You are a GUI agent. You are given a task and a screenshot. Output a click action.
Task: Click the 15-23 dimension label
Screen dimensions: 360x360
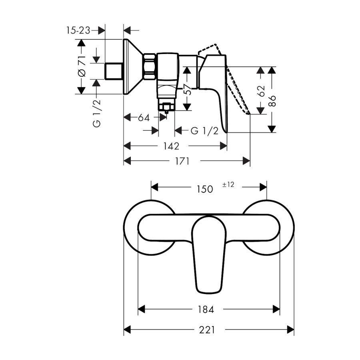tap(78, 30)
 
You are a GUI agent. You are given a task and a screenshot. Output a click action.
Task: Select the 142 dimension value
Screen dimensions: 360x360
tap(171, 146)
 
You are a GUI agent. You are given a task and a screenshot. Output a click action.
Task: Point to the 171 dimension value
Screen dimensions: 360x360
tap(182, 161)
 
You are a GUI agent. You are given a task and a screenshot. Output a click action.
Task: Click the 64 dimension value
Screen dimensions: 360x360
tap(144, 118)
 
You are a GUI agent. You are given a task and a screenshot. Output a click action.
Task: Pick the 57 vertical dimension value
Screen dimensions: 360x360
tap(187, 90)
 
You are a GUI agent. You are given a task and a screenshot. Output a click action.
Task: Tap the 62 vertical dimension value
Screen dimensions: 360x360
tap(261, 91)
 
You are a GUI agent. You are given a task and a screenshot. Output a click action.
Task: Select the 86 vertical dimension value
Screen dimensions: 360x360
tap(272, 101)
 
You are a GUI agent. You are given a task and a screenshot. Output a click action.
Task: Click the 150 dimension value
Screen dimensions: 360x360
tap(205, 189)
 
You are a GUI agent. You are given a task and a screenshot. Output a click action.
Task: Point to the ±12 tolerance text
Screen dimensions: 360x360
tap(228, 184)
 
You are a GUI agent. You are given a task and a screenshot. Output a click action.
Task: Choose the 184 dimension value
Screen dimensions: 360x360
tap(206, 310)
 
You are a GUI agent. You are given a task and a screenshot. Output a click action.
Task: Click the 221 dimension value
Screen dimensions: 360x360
tap(207, 330)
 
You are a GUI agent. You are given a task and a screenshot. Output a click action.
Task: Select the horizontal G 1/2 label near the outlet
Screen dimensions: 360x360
tap(204, 131)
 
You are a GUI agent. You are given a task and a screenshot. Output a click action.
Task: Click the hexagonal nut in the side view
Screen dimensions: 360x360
tap(150, 67)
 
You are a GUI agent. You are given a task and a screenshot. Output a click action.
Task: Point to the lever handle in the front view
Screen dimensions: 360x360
tap(209, 255)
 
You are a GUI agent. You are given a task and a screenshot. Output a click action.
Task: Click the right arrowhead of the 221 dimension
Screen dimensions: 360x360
tap(291, 330)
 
